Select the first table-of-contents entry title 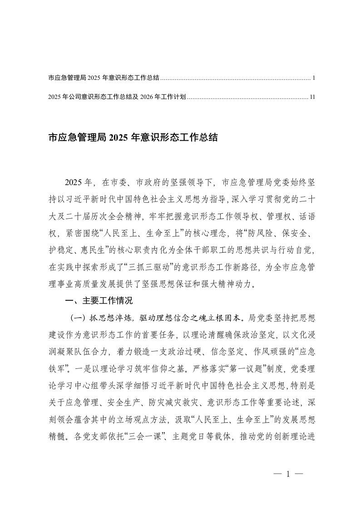click(103, 78)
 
